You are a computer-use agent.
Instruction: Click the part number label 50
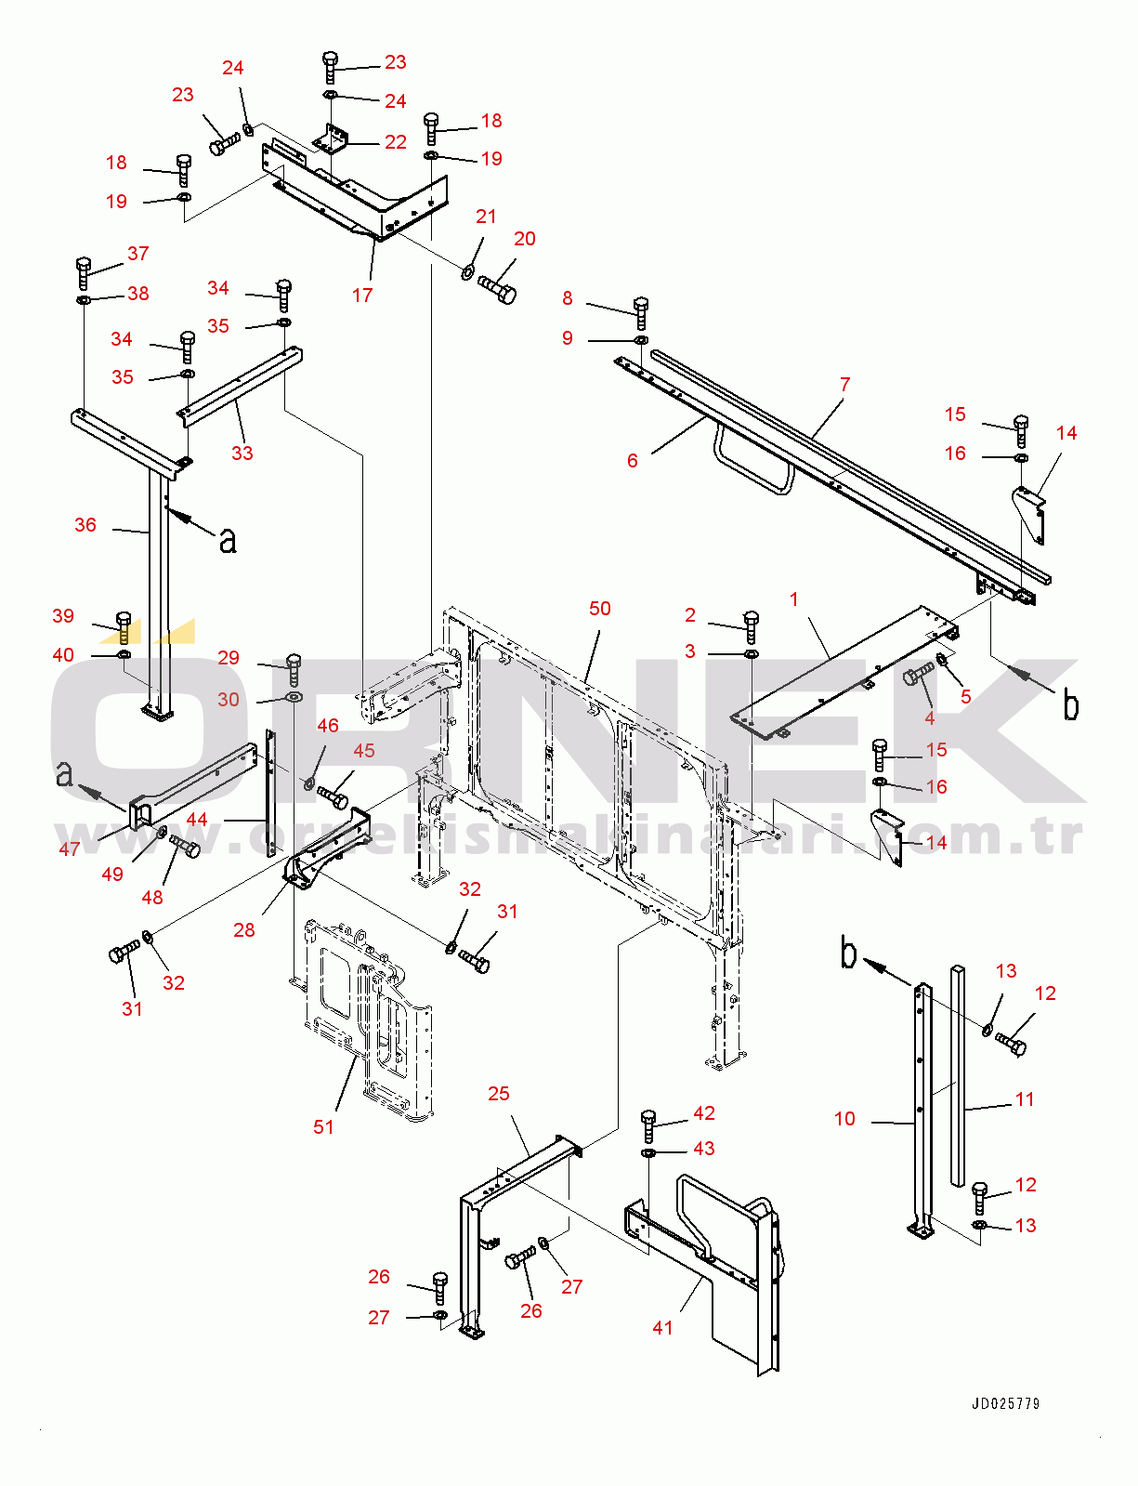click(x=600, y=609)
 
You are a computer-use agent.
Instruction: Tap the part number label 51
click(x=323, y=1127)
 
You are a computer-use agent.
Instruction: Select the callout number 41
click(x=662, y=1328)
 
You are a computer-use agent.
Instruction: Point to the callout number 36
click(x=85, y=525)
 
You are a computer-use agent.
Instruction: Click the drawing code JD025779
click(x=1006, y=1403)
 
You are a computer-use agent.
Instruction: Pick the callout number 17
click(x=362, y=296)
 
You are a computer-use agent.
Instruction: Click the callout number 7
click(x=844, y=385)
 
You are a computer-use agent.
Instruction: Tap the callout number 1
click(x=794, y=599)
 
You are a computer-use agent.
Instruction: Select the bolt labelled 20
click(x=498, y=288)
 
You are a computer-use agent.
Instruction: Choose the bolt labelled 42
click(x=648, y=1124)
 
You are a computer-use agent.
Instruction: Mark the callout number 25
click(x=499, y=1094)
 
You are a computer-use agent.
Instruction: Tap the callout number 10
click(x=844, y=1119)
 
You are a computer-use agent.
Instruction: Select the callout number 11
click(x=1025, y=1099)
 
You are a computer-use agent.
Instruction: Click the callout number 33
click(x=242, y=454)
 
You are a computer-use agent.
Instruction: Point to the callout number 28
click(x=244, y=930)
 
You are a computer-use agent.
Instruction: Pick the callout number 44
click(x=197, y=820)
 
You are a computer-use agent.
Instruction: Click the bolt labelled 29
click(x=294, y=667)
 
